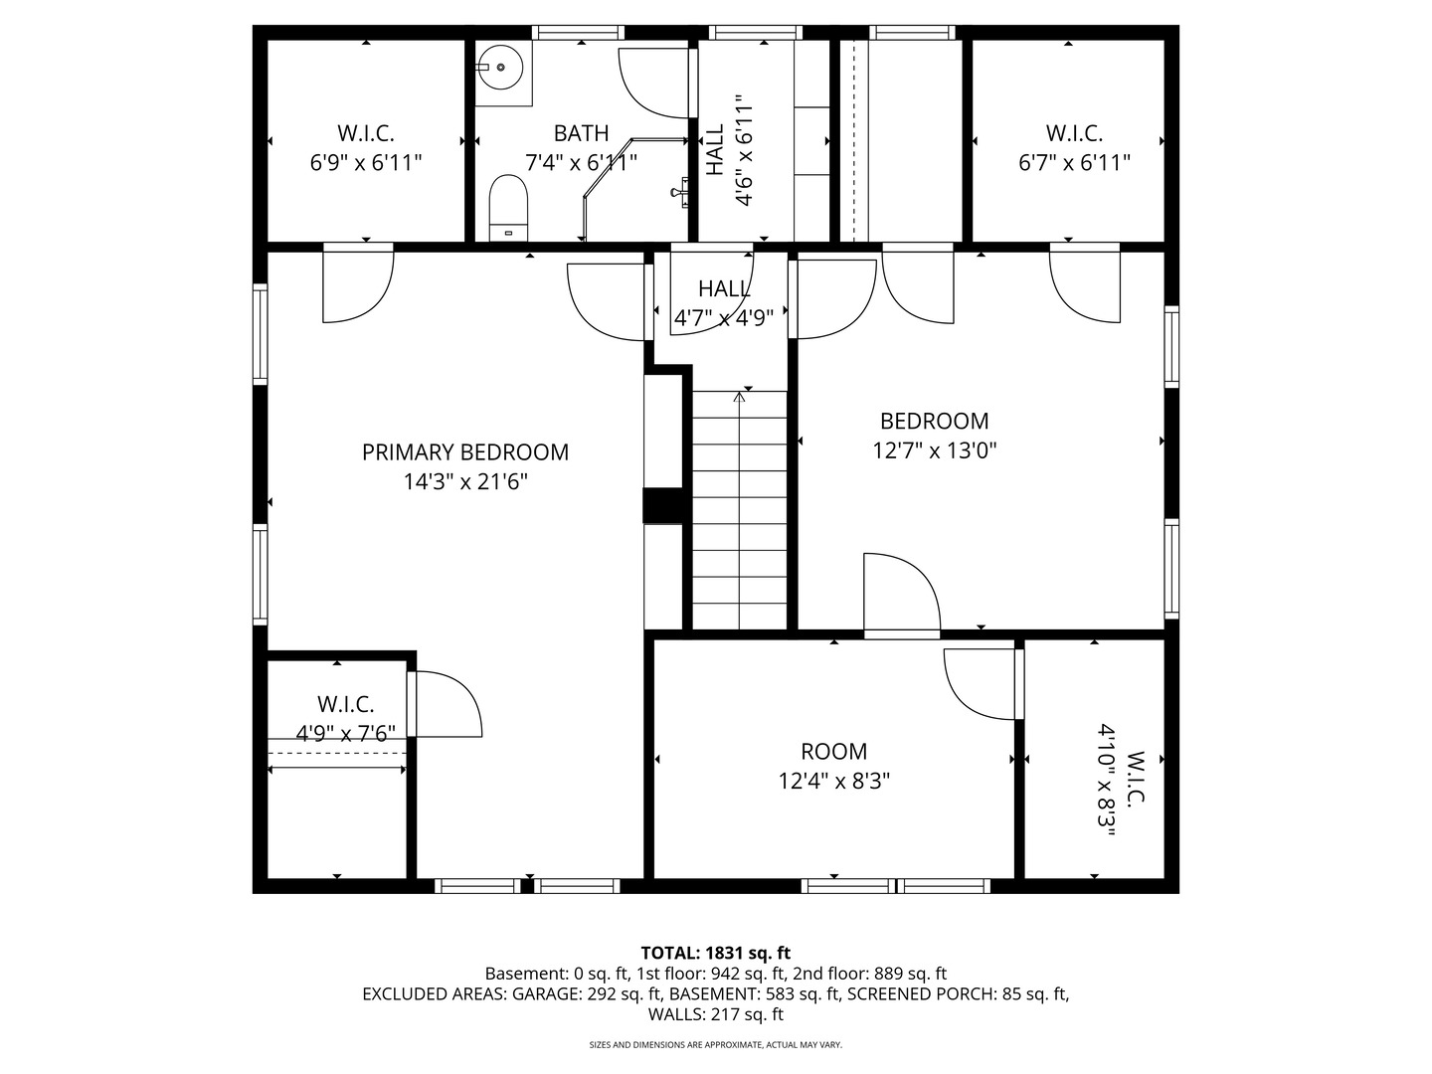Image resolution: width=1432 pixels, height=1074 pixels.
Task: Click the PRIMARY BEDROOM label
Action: click(465, 451)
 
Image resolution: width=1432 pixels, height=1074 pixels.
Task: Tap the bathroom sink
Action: click(500, 68)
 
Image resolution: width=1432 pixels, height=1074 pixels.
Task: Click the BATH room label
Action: click(581, 133)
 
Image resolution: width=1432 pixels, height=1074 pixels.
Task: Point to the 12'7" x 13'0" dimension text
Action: click(934, 450)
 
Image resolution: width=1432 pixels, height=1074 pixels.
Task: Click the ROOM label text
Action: click(833, 751)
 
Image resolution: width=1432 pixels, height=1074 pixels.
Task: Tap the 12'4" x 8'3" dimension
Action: click(833, 782)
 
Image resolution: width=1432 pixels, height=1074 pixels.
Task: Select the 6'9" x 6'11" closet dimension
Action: click(365, 162)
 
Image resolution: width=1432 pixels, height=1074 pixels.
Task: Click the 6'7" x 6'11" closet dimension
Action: click(1074, 162)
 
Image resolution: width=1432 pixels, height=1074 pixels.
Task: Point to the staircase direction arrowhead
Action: click(739, 396)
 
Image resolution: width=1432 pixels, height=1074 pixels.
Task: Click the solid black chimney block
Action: click(663, 505)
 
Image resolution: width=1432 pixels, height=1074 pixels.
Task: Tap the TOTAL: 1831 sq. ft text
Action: click(716, 954)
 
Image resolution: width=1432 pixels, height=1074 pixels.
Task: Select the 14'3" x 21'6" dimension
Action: click(465, 482)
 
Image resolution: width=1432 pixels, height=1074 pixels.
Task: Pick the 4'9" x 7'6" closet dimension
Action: click(345, 734)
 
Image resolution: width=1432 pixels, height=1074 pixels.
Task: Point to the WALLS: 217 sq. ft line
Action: click(716, 1014)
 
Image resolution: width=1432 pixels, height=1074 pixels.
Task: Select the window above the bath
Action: click(578, 33)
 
